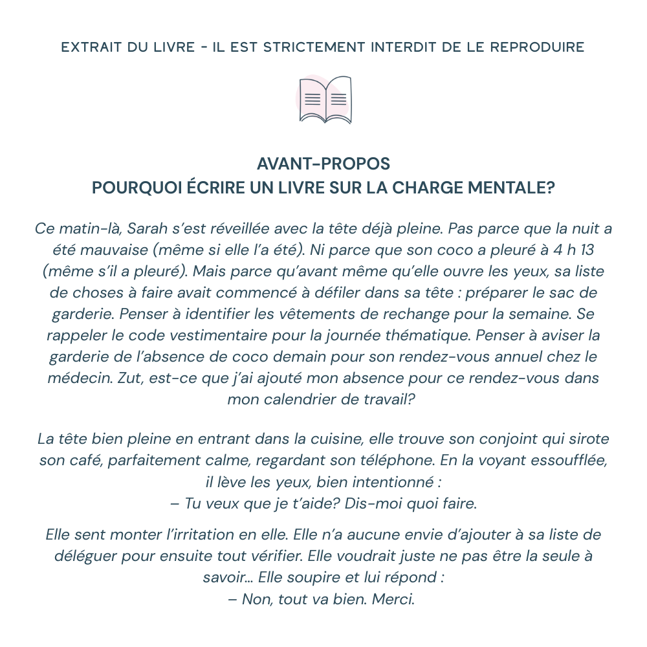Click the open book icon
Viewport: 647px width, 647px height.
point(325,100)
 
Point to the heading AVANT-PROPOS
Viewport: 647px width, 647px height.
point(323,163)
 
